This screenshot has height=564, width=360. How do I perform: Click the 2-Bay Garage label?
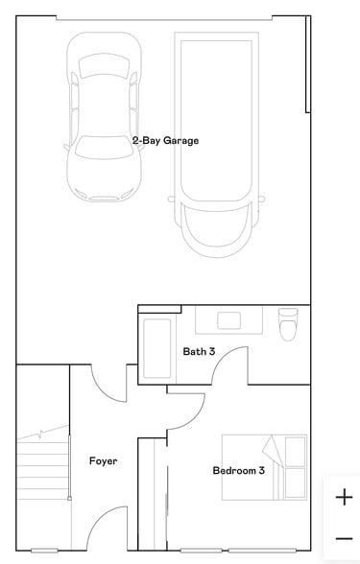point(166,140)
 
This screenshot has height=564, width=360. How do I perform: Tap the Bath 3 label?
point(199,351)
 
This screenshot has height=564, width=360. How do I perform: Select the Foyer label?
point(103,461)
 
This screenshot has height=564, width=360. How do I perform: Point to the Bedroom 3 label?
point(238,470)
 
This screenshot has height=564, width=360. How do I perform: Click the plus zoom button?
point(344,497)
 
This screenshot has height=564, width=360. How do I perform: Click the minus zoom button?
point(344,539)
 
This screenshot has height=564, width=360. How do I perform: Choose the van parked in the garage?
point(214,144)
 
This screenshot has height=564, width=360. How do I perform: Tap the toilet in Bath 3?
point(288,325)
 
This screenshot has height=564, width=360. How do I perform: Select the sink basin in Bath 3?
point(228,320)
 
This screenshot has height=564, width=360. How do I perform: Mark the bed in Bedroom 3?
point(265,466)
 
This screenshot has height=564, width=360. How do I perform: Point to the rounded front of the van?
point(214,230)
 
